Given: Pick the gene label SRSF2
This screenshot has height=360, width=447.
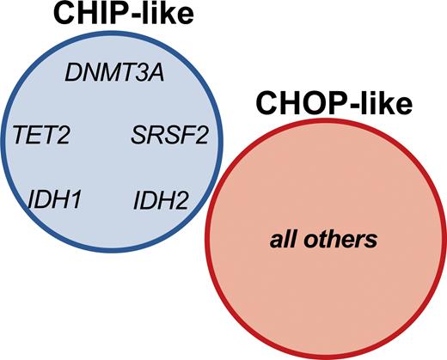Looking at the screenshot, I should (x=168, y=136).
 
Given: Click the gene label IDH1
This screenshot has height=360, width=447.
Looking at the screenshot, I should (x=53, y=202).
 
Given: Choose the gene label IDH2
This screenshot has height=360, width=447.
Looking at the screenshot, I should (x=161, y=203).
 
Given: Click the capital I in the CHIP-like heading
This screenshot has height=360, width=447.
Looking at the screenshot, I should (x=106, y=15).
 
